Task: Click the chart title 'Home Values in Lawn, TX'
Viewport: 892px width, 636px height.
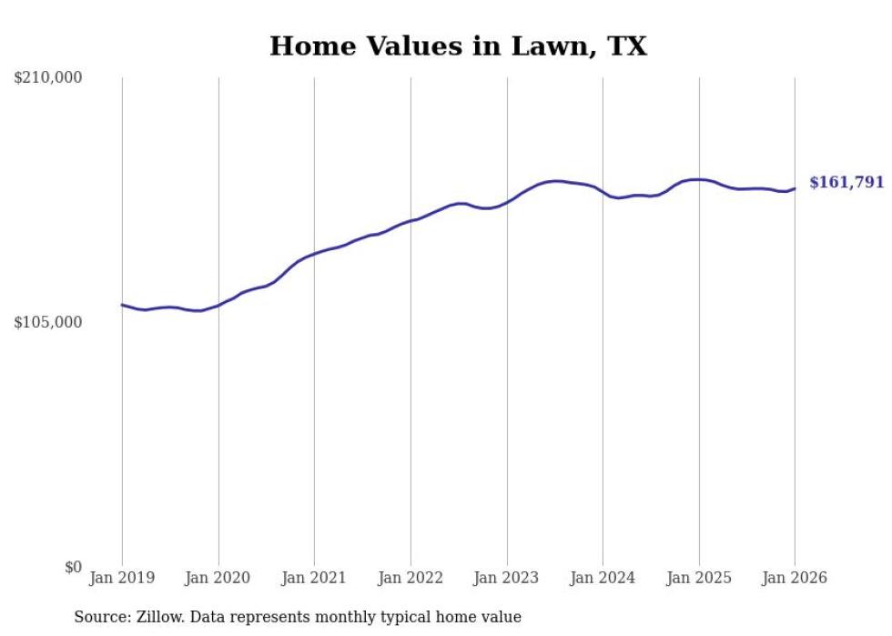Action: pyautogui.click(x=458, y=46)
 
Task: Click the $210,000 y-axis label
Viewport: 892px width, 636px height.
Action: pyautogui.click(x=48, y=78)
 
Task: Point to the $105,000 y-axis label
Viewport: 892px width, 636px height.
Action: pyautogui.click(x=48, y=323)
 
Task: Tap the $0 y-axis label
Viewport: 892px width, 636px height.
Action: pyautogui.click(x=73, y=568)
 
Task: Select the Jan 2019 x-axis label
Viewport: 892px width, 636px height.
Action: pyautogui.click(x=122, y=578)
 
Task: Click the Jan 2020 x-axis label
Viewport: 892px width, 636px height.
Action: pyautogui.click(x=218, y=578)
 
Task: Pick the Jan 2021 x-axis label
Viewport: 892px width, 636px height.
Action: pyautogui.click(x=314, y=578)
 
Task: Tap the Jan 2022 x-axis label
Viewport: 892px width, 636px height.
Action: pyautogui.click(x=411, y=578)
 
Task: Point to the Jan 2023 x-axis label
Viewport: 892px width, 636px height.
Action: pyautogui.click(x=507, y=578)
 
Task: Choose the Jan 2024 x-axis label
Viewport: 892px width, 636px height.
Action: pyautogui.click(x=603, y=578)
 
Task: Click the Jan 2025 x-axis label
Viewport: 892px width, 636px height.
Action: pyautogui.click(x=699, y=578)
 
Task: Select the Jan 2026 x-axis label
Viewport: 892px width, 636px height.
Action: pyautogui.click(x=795, y=578)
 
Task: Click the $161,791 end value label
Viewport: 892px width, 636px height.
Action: pyautogui.click(x=846, y=183)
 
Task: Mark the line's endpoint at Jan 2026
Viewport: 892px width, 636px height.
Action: pyautogui.click(x=795, y=188)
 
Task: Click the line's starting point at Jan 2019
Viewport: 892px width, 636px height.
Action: pyautogui.click(x=122, y=305)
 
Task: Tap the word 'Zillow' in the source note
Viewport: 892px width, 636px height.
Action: pyautogui.click(x=157, y=617)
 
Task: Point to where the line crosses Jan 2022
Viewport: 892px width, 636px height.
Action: pyautogui.click(x=411, y=220)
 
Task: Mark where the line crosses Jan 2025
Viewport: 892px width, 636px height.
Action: pyautogui.click(x=699, y=179)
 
